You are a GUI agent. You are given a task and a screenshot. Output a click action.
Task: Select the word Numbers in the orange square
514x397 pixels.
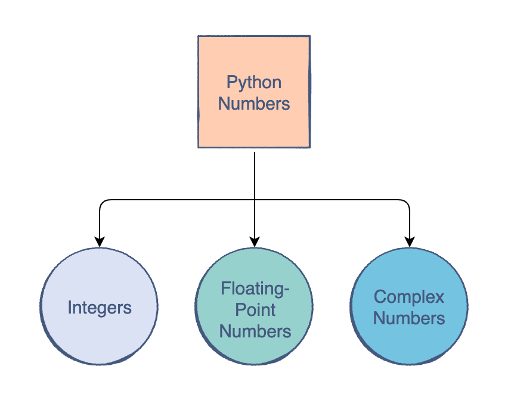(x=254, y=104)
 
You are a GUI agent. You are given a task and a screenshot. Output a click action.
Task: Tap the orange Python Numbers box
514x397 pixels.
(x=254, y=92)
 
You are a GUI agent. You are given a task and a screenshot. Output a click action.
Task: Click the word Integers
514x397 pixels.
(x=100, y=308)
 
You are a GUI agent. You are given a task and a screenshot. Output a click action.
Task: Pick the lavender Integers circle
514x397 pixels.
(x=99, y=306)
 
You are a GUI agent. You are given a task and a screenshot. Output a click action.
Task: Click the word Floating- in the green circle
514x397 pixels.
(x=255, y=290)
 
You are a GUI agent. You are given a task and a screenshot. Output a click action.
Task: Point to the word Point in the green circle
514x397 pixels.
(x=255, y=310)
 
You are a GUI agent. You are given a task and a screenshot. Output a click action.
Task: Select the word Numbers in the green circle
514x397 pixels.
(x=255, y=331)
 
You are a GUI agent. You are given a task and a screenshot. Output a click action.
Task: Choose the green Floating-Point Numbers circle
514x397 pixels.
(x=254, y=306)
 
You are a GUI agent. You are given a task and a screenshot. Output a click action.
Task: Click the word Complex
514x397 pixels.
(x=409, y=297)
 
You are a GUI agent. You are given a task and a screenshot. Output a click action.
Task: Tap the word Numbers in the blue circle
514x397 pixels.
(x=409, y=318)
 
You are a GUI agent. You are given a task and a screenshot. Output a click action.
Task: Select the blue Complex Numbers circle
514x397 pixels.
(x=409, y=306)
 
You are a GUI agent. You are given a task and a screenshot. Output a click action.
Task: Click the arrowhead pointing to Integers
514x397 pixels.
(x=100, y=241)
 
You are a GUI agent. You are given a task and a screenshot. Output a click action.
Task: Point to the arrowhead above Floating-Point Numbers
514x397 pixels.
(x=255, y=241)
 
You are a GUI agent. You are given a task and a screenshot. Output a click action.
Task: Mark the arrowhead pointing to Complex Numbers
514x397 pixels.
(x=410, y=241)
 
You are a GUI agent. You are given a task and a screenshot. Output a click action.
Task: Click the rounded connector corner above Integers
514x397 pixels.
(x=102, y=202)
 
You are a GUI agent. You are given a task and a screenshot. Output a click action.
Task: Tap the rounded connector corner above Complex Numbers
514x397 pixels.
(x=407, y=202)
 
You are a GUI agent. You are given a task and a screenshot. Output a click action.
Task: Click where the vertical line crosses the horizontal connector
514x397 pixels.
(x=255, y=200)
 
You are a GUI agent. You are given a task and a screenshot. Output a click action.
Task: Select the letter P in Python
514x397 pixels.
(x=231, y=82)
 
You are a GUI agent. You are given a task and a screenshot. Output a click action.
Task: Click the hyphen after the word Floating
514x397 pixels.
(x=286, y=290)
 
